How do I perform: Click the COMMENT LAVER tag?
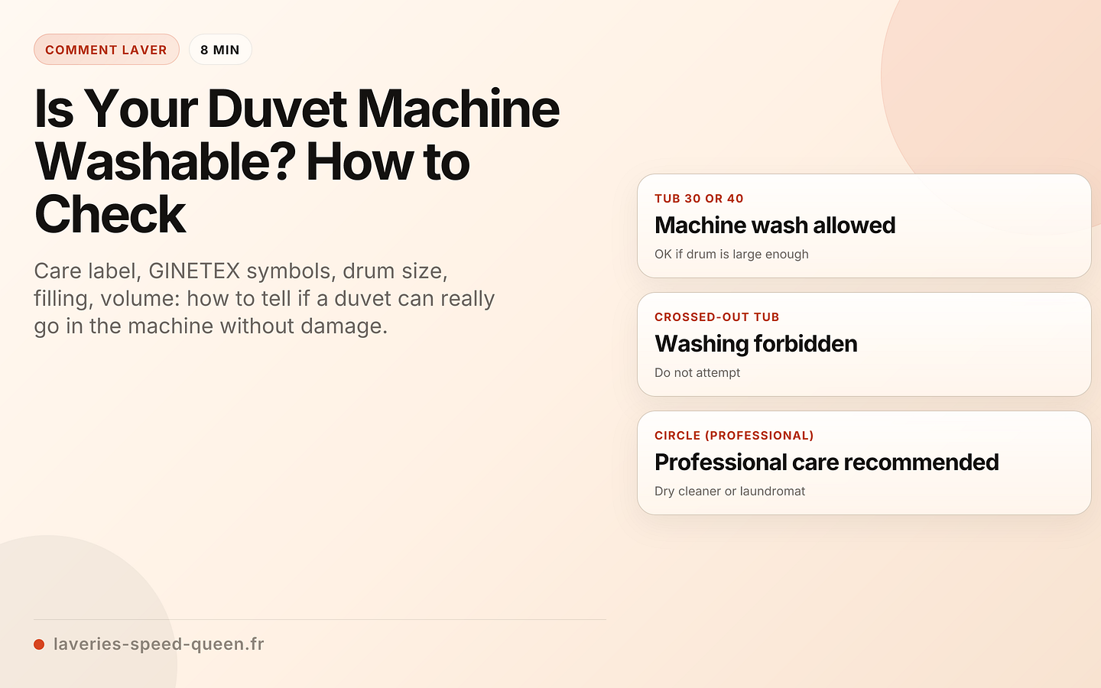[106, 50]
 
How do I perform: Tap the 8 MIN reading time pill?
[220, 50]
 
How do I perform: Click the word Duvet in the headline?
[277, 109]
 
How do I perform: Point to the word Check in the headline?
[110, 214]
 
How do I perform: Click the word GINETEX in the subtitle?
[194, 271]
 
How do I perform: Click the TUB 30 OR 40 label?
[699, 199]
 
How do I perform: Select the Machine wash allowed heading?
[775, 226]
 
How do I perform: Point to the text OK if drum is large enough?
[731, 255]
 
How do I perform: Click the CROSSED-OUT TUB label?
[716, 317]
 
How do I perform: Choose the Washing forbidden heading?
[755, 344]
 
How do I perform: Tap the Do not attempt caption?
[697, 373]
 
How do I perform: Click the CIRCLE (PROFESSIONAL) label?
[734, 436]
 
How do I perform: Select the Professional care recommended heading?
[827, 462]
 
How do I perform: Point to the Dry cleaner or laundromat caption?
[729, 492]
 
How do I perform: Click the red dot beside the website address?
[39, 644]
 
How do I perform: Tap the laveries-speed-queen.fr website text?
[159, 644]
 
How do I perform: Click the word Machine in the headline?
[458, 109]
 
